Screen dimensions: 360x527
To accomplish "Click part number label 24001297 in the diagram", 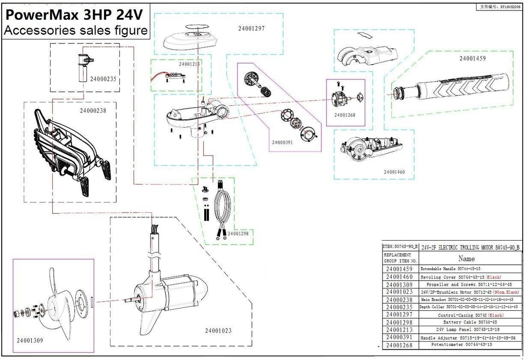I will click(x=251, y=29).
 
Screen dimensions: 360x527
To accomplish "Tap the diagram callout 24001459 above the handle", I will click(x=473, y=58).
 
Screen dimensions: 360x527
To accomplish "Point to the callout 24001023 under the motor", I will click(x=218, y=331).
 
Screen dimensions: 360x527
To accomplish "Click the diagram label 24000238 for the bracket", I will click(x=93, y=111).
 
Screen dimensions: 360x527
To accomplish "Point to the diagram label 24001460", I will click(x=394, y=172).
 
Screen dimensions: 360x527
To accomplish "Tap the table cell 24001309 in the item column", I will click(x=399, y=284).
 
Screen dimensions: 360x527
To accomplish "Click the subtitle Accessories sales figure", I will click(x=75, y=31).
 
